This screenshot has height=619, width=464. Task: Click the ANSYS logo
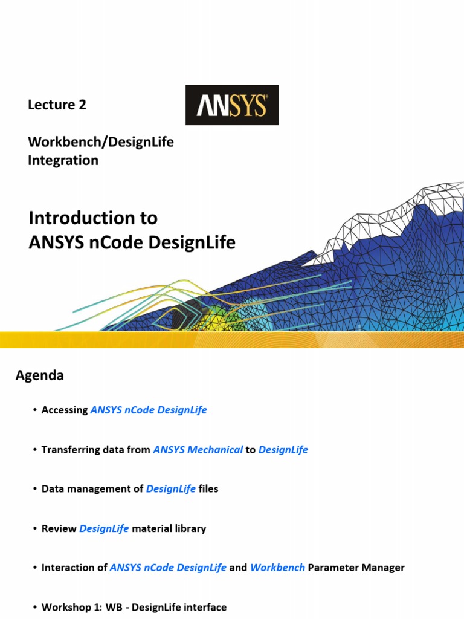(231, 105)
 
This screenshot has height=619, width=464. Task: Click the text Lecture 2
(57, 105)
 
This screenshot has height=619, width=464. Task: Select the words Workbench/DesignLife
(100, 142)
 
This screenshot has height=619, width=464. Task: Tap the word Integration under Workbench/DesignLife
(63, 160)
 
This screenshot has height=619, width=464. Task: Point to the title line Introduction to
(93, 217)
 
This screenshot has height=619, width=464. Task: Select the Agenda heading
(39, 375)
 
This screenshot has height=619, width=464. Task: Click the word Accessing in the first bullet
(65, 410)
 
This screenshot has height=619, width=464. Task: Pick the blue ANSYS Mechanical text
(198, 450)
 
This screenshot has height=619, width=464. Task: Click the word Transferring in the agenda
(69, 450)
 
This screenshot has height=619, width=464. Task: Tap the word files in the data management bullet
(208, 489)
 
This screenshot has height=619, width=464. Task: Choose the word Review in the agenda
(59, 528)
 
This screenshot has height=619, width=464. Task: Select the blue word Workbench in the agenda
(277, 568)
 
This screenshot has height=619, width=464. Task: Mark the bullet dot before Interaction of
(35, 568)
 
